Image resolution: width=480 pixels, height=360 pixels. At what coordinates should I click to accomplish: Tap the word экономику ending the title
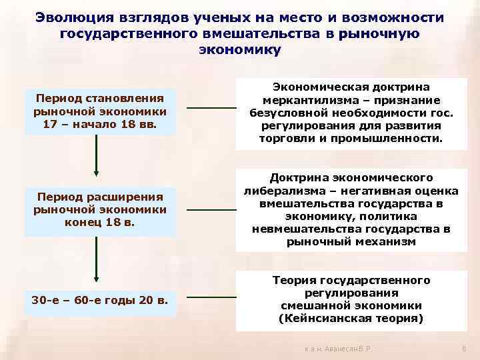(240, 49)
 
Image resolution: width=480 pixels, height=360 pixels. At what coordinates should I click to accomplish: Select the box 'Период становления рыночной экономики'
(100, 111)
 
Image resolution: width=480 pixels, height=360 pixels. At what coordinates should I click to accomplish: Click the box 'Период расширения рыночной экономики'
(100, 211)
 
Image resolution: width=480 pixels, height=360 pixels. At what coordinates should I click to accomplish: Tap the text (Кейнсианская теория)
(350, 319)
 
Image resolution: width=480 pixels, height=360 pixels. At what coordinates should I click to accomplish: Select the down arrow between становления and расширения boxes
(96, 157)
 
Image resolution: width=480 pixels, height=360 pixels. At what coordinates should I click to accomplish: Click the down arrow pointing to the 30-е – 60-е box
(96, 261)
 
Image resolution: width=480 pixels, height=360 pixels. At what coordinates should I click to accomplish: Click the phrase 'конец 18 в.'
(100, 223)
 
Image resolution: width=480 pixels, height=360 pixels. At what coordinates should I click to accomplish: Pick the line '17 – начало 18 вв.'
(100, 123)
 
